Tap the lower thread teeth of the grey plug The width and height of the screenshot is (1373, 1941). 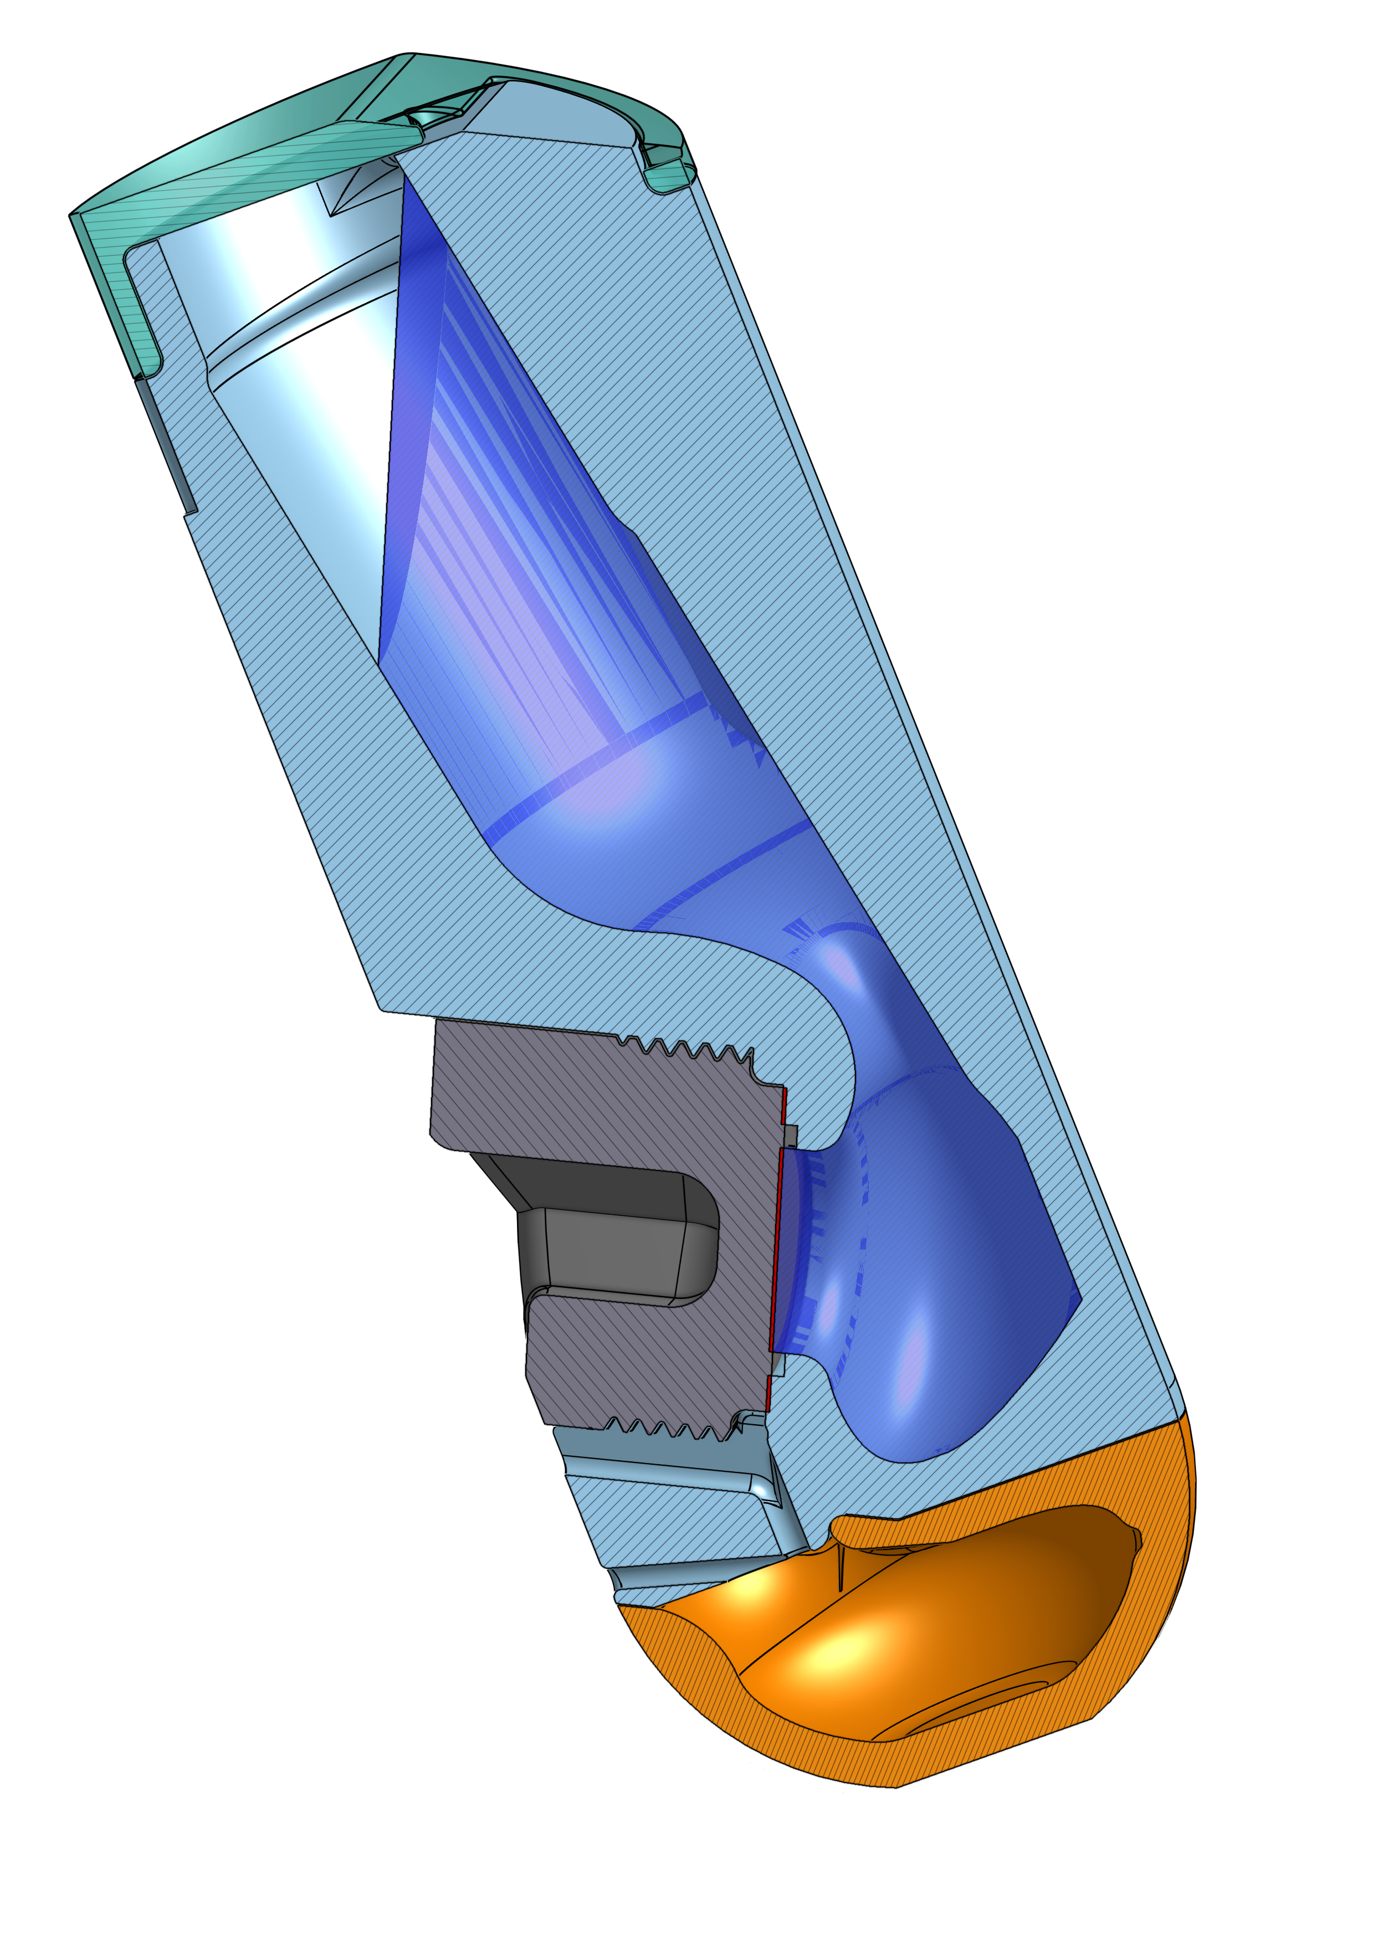pyautogui.click(x=668, y=1429)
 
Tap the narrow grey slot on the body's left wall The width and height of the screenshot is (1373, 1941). pyautogui.click(x=166, y=448)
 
